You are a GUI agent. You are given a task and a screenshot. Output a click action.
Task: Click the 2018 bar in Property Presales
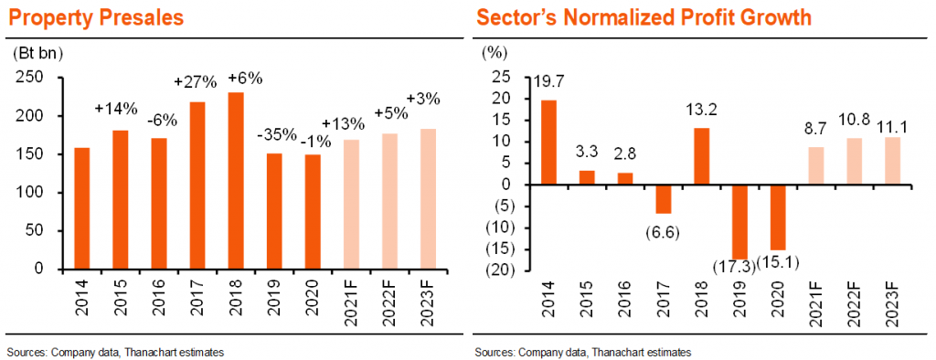pos(236,181)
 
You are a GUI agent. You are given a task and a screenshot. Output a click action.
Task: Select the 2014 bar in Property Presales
pos(82,208)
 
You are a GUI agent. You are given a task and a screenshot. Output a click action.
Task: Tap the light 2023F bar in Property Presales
pos(428,199)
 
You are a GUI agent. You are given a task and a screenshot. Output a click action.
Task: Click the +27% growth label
pos(190,81)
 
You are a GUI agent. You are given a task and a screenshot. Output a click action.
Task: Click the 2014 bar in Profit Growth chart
pos(548,143)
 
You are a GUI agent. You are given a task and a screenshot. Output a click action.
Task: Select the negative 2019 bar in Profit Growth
pos(740,222)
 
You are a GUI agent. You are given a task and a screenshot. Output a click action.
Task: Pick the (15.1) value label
pos(780,261)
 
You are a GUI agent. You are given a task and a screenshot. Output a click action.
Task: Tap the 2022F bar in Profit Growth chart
pos(856,162)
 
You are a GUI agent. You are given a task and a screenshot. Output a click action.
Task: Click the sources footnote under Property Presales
pos(116,353)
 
